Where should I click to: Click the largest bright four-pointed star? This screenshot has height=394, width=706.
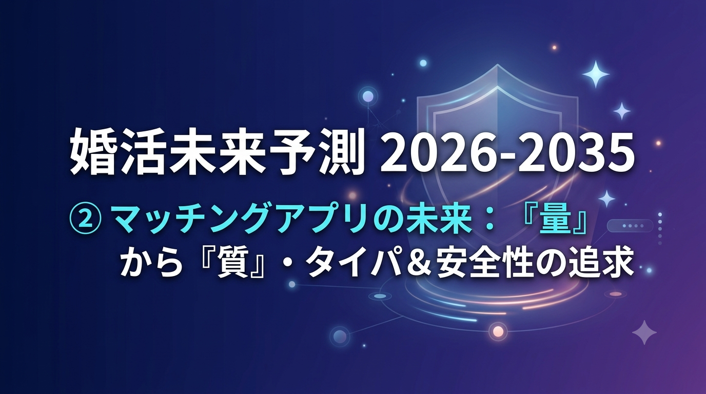pyautogui.click(x=596, y=74)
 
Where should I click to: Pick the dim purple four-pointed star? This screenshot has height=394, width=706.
pyautogui.click(x=644, y=332)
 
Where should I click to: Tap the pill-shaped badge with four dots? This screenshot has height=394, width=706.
pyautogui.click(x=630, y=226)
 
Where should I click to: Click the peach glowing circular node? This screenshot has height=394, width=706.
pyautogui.click(x=498, y=331)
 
